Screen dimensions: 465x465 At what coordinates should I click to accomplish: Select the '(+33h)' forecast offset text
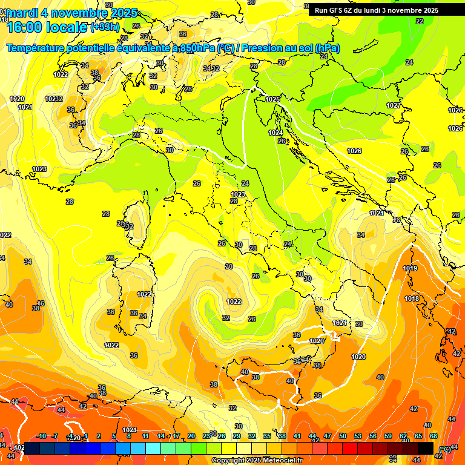tap(105, 27)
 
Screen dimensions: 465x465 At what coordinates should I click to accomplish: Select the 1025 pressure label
tap(272, 99)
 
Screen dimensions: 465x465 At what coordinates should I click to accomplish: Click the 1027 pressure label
tap(394, 105)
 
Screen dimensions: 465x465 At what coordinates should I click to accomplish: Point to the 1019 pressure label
tap(410, 268)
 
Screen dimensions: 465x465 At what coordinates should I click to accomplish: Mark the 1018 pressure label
tap(412, 298)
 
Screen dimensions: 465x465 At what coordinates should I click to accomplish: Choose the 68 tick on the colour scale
tap(434, 436)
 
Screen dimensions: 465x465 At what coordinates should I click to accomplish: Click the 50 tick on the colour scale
tap(343, 436)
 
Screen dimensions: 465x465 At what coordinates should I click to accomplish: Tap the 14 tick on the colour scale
tap(161, 436)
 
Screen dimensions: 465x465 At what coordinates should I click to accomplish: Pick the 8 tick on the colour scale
tap(129, 436)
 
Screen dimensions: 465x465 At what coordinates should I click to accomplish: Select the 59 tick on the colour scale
tap(388, 436)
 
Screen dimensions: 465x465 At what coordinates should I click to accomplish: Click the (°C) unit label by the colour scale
tap(444, 449)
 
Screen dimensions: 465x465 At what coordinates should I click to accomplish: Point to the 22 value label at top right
tap(420, 21)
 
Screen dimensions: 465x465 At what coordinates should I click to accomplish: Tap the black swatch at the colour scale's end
tap(426, 447)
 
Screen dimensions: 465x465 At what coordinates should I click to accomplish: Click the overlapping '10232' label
tap(54, 99)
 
